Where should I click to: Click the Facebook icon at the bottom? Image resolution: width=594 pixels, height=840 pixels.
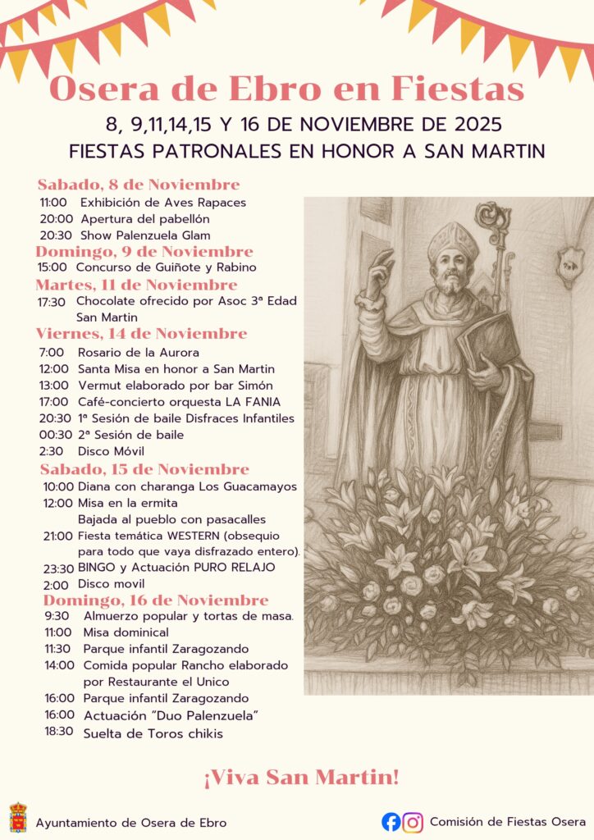[391, 821]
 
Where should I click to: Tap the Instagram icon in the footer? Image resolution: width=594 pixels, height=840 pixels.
[414, 821]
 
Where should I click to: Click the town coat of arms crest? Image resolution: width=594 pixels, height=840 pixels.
[17, 818]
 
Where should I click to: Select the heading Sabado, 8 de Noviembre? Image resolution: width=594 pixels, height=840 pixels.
[139, 185]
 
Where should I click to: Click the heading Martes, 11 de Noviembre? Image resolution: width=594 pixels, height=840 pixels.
[136, 285]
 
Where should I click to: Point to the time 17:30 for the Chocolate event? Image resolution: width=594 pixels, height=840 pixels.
[52, 301]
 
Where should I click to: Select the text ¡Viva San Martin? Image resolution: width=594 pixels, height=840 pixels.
[301, 776]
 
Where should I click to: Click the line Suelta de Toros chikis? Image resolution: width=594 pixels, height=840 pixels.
[153, 733]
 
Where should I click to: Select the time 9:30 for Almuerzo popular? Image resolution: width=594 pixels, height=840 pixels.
[57, 616]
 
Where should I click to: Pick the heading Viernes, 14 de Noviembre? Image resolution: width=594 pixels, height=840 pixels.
[141, 334]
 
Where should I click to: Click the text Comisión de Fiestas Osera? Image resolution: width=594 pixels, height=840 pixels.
[507, 821]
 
